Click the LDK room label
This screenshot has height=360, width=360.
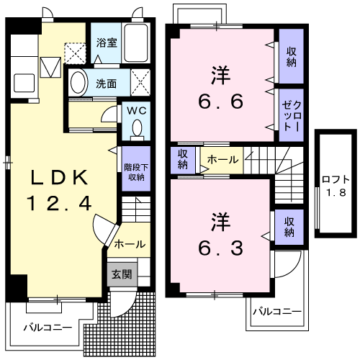click(60, 178)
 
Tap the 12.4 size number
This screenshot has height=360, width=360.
click(60, 204)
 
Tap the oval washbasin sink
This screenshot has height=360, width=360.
click(79, 82)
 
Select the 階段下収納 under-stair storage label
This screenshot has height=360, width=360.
click(135, 167)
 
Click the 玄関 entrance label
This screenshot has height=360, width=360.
click(120, 274)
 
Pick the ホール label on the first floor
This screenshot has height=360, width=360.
click(130, 244)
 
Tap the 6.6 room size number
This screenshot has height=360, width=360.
click(222, 101)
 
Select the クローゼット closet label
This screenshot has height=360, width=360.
click(292, 112)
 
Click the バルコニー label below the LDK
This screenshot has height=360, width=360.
click(48, 328)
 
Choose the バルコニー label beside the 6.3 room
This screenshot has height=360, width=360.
click(277, 312)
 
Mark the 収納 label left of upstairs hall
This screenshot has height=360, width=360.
click(183, 158)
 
